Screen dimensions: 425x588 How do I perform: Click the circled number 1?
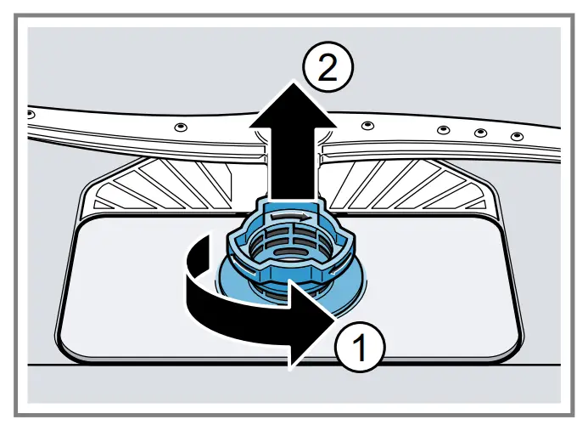(x=359, y=345)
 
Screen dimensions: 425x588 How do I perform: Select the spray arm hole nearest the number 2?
(x=366, y=125)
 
